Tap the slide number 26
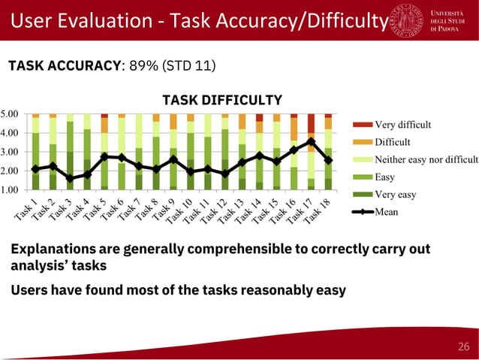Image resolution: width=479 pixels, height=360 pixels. click(x=462, y=346)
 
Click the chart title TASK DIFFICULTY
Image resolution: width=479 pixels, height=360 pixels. click(x=222, y=100)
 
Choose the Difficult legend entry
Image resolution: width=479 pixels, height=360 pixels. click(x=392, y=142)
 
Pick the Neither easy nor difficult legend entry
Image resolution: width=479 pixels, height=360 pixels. click(x=426, y=159)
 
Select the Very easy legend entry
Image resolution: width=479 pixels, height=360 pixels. click(x=396, y=195)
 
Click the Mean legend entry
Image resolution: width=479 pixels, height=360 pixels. click(x=387, y=212)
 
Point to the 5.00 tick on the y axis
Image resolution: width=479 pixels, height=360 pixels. click(x=10, y=114)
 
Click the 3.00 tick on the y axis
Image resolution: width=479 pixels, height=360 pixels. click(x=10, y=153)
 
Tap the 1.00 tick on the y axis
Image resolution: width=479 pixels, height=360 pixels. click(x=10, y=190)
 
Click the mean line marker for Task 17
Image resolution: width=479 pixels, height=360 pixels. click(x=311, y=141)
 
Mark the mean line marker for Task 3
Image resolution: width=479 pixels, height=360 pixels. click(x=70, y=178)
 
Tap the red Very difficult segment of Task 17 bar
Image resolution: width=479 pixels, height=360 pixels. click(x=311, y=123)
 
